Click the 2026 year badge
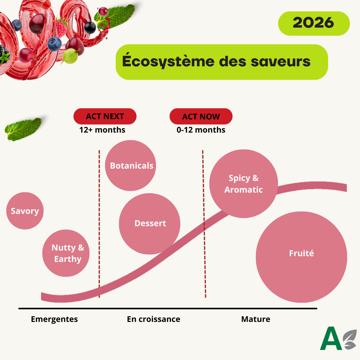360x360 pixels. pos(313,23)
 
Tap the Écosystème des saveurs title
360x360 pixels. pos(221,62)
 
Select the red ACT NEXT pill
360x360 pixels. pos(105,116)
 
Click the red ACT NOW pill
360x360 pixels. pos(201,116)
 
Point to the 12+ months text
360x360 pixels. pos(102,130)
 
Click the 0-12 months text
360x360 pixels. pos(201,130)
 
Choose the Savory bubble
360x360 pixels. pos(25,211)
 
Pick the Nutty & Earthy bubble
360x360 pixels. pos(66,253)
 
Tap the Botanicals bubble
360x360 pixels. pos(130,166)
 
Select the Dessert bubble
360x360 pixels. pos(149,224)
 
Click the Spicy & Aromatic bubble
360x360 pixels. pos(243,184)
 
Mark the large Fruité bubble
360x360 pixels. pos(301,257)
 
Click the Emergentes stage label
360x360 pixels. pos(54,319)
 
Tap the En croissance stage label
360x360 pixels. pos(154,319)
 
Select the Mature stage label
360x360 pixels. pos(256,319)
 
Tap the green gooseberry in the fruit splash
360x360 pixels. pos(70,56)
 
